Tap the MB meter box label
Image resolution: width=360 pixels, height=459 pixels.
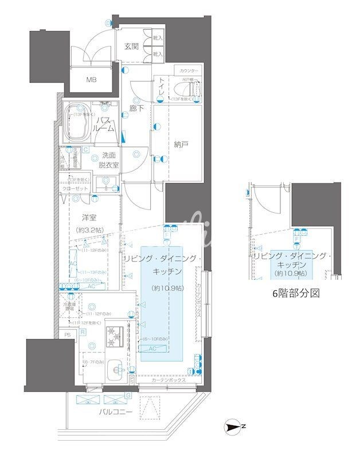91,80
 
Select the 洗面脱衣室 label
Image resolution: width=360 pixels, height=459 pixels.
109,159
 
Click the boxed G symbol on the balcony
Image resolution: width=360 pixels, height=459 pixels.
127,395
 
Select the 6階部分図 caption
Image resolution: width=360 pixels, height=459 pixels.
295,293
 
